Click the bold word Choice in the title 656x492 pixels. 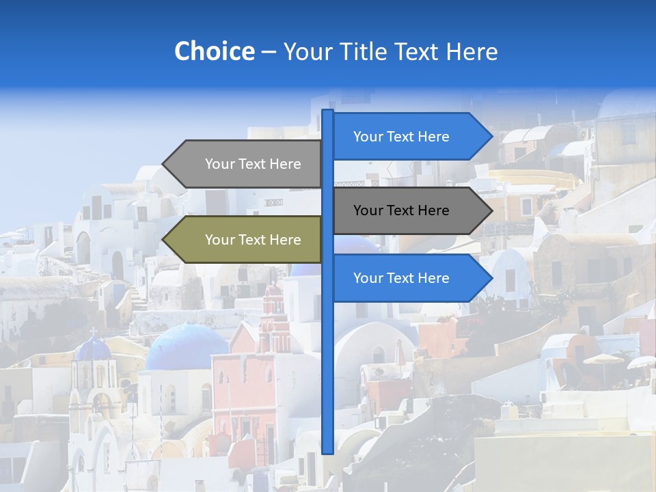(x=214, y=51)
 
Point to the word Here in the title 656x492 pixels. (x=471, y=52)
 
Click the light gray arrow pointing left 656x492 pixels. (x=246, y=164)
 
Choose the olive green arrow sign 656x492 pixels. (x=246, y=240)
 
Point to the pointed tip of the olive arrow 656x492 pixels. (x=165, y=240)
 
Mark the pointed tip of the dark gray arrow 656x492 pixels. (x=490, y=210)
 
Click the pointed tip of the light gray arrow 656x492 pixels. (x=165, y=164)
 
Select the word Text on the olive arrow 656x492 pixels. (x=253, y=240)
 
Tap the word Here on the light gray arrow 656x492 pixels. (x=286, y=164)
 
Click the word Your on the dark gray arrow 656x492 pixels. (x=368, y=210)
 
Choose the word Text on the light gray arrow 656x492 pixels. (x=253, y=164)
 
